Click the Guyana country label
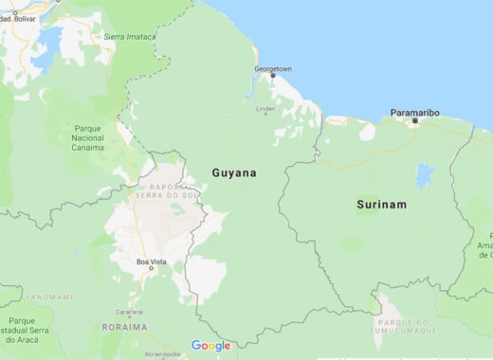(x=231, y=173)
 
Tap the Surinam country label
(x=380, y=205)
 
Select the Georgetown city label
(x=272, y=69)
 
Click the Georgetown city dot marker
(x=273, y=77)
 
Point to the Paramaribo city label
(x=414, y=113)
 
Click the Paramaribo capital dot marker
(x=414, y=121)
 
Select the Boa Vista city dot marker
(x=151, y=268)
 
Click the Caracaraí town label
(x=128, y=311)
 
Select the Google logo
(x=210, y=346)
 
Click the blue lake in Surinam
(x=424, y=175)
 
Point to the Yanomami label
(x=46, y=297)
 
